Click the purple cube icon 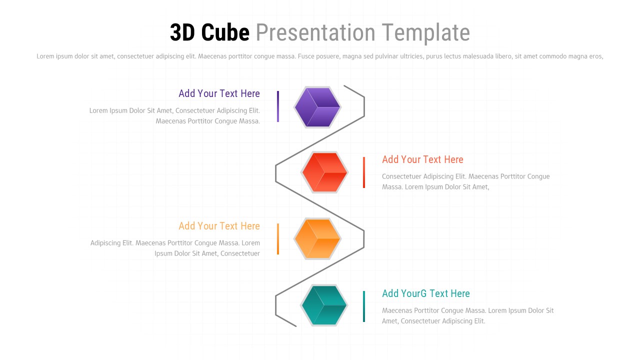point(317,107)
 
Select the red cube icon point(324,172)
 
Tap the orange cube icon point(317,239)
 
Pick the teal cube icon point(324,305)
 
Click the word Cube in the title point(225,33)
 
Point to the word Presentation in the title point(315,33)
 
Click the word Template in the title point(428,33)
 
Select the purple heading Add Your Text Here point(219,93)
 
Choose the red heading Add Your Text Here point(422,159)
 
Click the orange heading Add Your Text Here point(219,226)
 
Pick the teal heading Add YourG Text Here point(425,293)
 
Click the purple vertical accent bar point(278,106)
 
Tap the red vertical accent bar point(364,172)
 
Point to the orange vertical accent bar point(278,239)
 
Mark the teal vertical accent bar point(364,306)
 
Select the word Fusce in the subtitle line point(305,56)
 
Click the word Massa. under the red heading point(392,187)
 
